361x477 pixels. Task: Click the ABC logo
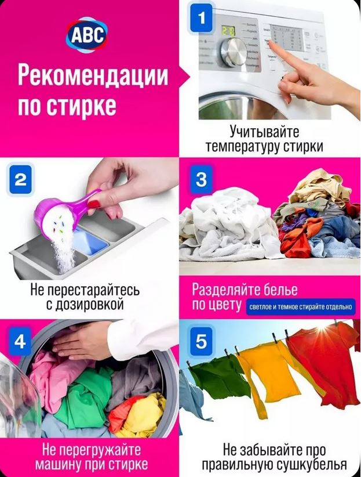87,34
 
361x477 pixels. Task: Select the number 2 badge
21,179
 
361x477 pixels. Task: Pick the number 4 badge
20,341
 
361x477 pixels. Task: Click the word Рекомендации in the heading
93,76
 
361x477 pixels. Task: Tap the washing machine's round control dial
234,52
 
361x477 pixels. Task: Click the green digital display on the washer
228,30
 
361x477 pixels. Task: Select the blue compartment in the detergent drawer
90,240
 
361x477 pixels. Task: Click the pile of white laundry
228,225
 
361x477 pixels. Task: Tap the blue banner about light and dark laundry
300,307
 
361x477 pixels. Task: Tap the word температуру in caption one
243,147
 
